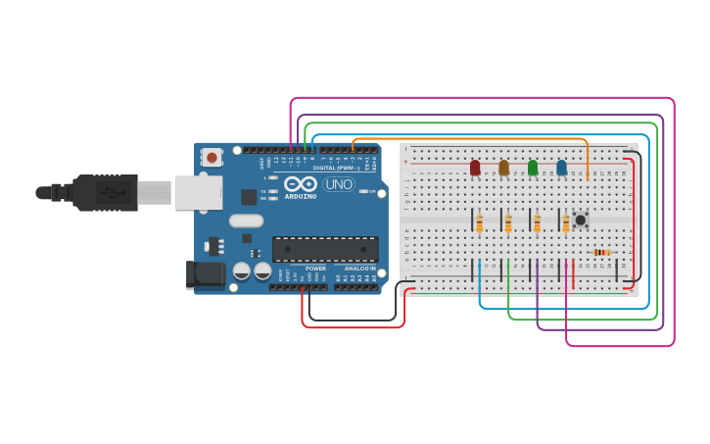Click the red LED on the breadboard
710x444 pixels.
click(475, 168)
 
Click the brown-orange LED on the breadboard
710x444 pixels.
click(503, 168)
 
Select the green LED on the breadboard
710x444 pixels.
click(533, 168)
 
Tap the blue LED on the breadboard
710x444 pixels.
click(561, 168)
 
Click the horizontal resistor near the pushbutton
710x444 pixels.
click(601, 252)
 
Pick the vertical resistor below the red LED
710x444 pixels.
click(479, 224)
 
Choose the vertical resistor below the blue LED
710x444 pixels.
click(566, 224)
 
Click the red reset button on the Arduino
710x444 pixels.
click(212, 157)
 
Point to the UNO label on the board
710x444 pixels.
click(338, 184)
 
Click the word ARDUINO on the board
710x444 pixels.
click(301, 196)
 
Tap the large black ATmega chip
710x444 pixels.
click(325, 249)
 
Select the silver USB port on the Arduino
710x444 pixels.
click(199, 192)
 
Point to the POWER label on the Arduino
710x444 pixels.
click(315, 268)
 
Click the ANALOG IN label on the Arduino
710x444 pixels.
click(358, 268)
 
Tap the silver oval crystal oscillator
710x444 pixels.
click(246, 221)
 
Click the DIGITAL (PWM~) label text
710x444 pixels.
click(336, 168)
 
